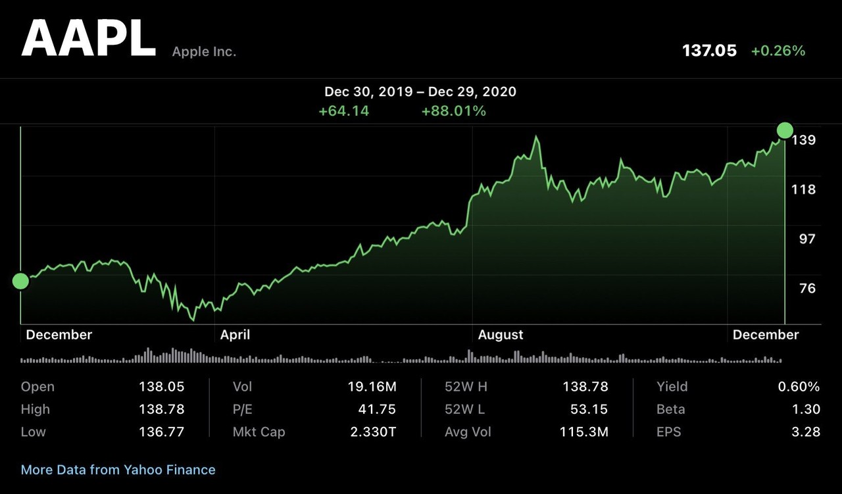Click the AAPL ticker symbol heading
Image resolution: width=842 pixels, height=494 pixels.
click(88, 39)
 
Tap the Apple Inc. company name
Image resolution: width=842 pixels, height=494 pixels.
click(204, 51)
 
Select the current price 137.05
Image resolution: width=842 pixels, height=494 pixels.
click(709, 51)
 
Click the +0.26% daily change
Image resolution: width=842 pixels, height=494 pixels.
click(778, 51)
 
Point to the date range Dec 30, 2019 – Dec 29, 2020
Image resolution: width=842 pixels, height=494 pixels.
click(420, 91)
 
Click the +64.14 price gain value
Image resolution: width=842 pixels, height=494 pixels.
click(343, 111)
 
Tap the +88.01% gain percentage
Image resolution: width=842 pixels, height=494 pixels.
click(453, 111)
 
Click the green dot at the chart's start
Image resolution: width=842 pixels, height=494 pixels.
click(20, 281)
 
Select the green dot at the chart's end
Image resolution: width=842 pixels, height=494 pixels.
click(785, 130)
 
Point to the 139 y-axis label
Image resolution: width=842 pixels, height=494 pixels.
click(804, 140)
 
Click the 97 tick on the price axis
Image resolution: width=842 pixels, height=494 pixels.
click(807, 239)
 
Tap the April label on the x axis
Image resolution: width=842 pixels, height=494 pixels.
click(235, 335)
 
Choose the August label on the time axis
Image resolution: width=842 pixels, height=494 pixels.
click(501, 335)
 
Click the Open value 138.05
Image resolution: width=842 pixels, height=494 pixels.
click(161, 387)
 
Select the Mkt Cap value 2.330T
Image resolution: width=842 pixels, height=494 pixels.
click(374, 432)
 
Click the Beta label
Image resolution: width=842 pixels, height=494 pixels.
click(670, 409)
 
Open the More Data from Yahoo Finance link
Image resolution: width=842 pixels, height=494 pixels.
click(118, 470)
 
